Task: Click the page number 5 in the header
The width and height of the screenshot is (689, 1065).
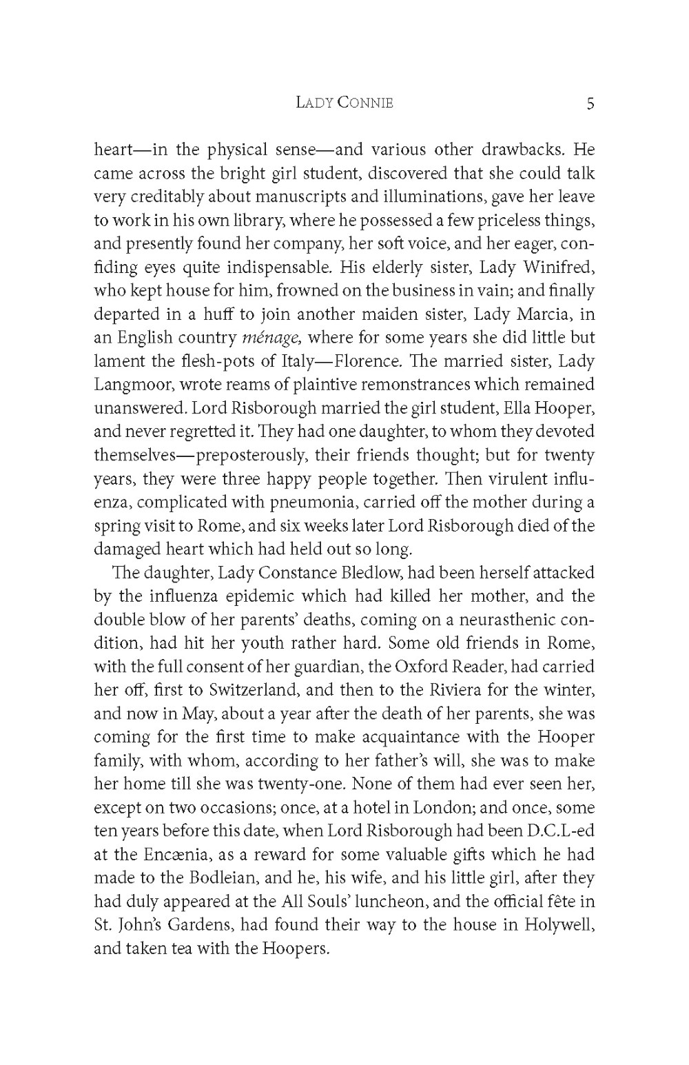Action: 590,103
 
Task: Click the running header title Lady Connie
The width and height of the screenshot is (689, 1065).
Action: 344,103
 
